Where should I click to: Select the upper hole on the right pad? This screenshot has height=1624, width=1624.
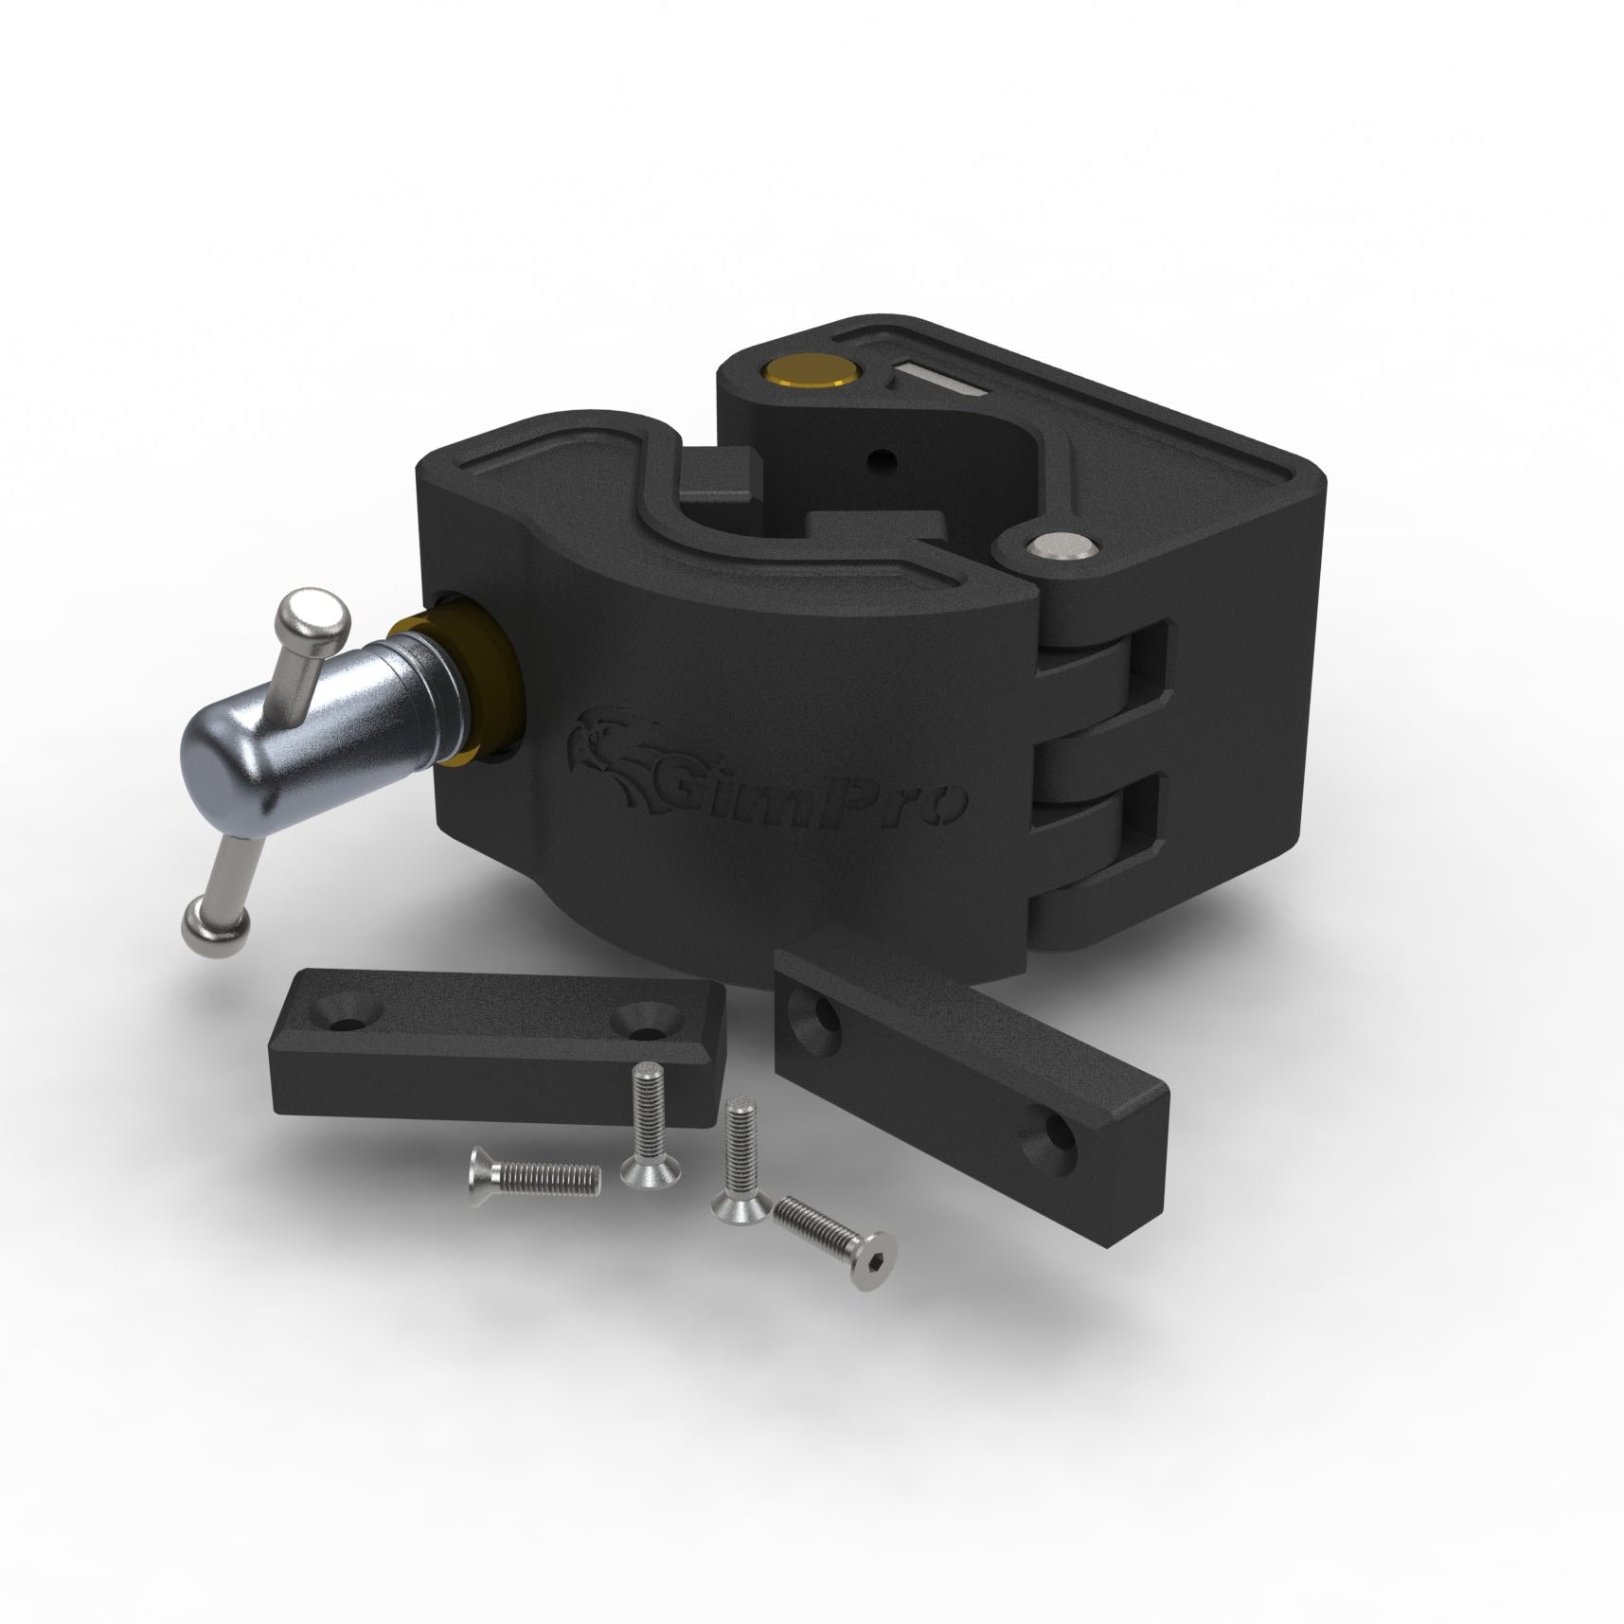click(x=822, y=1026)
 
